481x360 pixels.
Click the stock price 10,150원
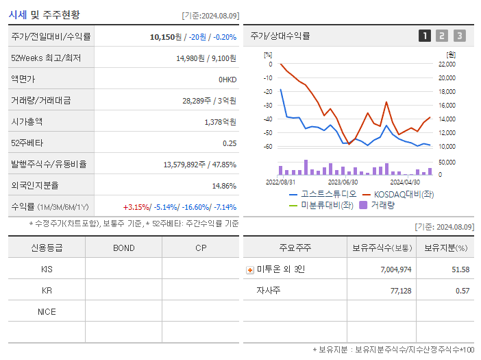(x=165, y=37)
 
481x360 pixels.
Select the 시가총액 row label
(x=27, y=121)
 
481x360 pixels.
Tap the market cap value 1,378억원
(x=220, y=121)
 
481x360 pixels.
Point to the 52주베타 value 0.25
(x=230, y=143)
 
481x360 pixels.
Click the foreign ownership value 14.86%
(x=224, y=186)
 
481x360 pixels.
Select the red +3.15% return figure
(x=136, y=207)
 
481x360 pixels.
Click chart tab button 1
(x=425, y=36)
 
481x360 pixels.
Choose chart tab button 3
(x=459, y=36)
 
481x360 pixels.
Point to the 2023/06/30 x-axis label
(x=343, y=182)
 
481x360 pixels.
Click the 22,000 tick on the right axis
(x=447, y=64)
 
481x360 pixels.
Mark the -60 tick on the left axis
(x=268, y=147)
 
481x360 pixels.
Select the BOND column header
(x=123, y=248)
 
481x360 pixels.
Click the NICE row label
(x=47, y=311)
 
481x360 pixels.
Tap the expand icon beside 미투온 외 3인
(x=250, y=269)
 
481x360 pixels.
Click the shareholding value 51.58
(x=460, y=269)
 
